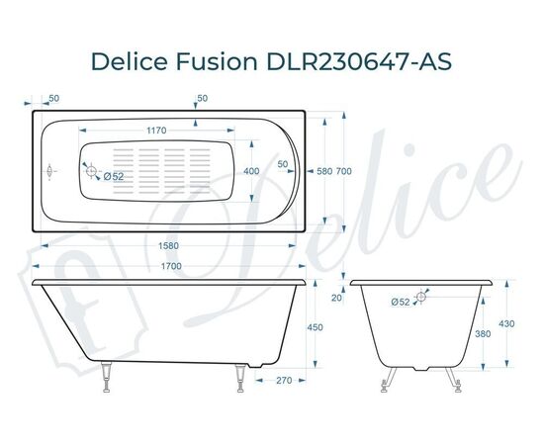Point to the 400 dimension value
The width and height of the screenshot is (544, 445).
251,171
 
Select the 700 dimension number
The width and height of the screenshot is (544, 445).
343,172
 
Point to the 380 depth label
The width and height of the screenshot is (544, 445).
484,333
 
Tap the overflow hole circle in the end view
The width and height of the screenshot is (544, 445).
422,295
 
